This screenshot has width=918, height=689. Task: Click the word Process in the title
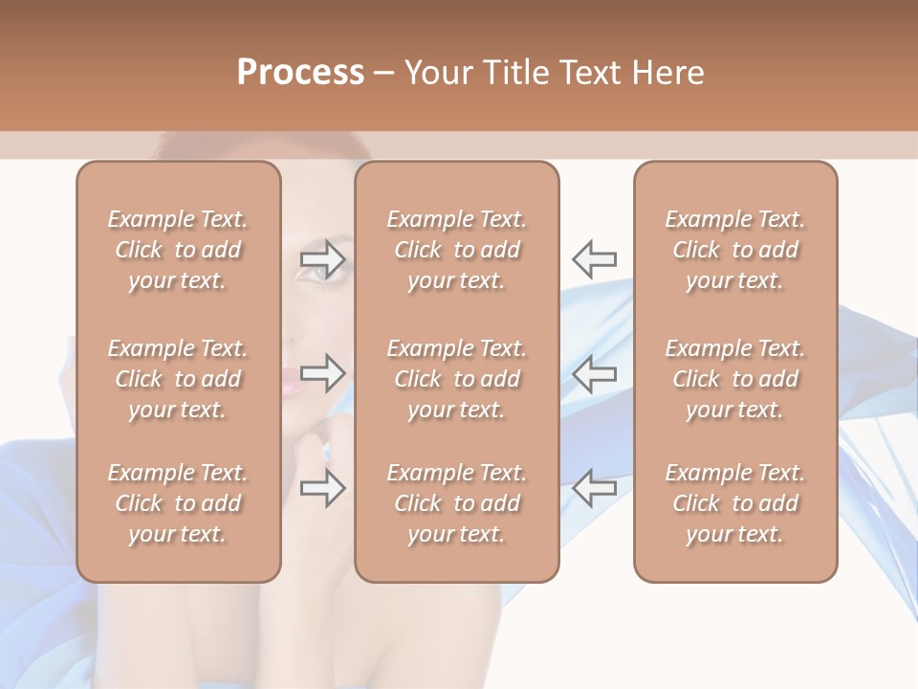tap(300, 73)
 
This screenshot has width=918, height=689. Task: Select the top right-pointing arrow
tap(323, 258)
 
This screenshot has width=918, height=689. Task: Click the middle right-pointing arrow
tap(323, 372)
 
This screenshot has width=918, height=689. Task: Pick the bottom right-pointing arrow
tap(323, 488)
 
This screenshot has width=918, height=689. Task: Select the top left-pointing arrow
tap(595, 258)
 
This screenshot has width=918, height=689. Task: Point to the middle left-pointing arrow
tap(595, 372)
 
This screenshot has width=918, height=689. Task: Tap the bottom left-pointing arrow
tap(595, 488)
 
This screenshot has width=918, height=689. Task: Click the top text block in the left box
tap(178, 250)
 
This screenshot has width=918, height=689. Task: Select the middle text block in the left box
tap(178, 379)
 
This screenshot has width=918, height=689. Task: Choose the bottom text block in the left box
tap(178, 503)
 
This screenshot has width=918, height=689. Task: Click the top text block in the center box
tap(457, 250)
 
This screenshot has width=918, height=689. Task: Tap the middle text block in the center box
tap(457, 379)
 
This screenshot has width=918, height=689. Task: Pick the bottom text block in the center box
tap(457, 503)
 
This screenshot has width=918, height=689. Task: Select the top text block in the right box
tap(735, 250)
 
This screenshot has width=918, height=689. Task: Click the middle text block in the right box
tap(735, 379)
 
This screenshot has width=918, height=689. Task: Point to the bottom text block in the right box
tap(735, 503)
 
